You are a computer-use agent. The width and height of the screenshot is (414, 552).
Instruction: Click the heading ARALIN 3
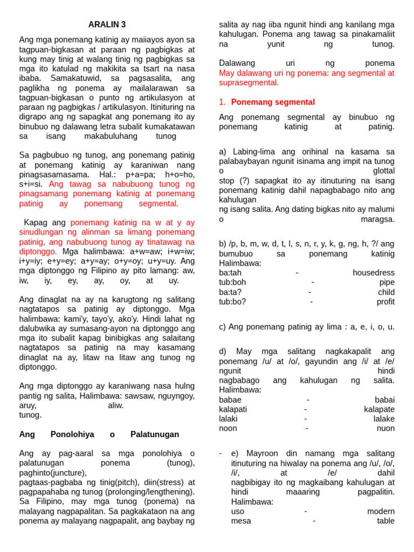[107, 25]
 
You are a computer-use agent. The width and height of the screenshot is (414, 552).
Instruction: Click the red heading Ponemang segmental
[273, 102]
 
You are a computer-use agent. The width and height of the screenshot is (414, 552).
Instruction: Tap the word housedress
[374, 273]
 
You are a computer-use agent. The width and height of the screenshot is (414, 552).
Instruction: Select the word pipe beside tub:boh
[387, 282]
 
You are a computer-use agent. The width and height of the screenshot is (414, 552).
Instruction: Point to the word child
[386, 292]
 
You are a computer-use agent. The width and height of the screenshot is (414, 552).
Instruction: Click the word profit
[385, 302]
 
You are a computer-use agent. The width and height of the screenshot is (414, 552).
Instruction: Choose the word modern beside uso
[381, 511]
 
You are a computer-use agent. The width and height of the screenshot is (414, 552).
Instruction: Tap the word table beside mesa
[385, 521]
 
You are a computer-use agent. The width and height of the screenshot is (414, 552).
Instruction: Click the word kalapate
[379, 409]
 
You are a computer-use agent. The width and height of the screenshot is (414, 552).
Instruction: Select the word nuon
[385, 429]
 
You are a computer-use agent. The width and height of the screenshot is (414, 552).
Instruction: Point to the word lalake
[382, 419]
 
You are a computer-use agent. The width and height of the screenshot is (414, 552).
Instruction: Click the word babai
[384, 400]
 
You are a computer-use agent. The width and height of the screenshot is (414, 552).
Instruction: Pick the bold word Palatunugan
[155, 434]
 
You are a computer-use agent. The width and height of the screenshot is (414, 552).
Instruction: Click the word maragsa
[377, 219]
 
